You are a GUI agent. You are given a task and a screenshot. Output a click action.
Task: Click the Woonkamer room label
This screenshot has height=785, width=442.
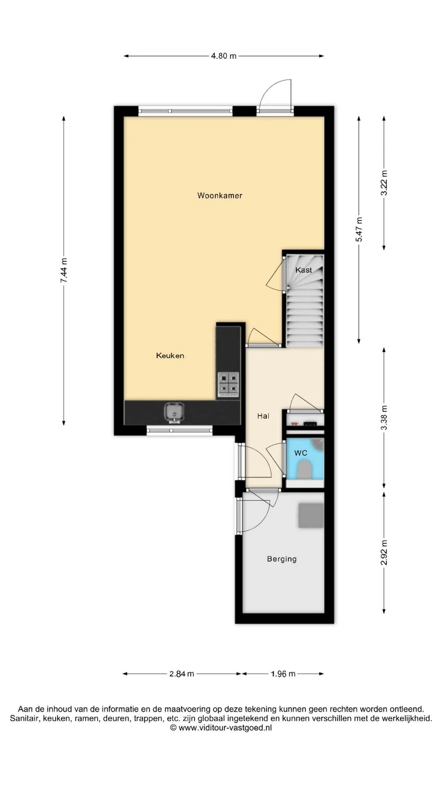click(x=220, y=195)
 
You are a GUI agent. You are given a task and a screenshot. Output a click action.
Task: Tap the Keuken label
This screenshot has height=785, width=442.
click(x=170, y=356)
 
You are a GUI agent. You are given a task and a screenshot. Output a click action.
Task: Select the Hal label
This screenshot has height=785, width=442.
click(x=263, y=416)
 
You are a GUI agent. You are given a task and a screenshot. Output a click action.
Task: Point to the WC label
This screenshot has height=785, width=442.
click(x=301, y=453)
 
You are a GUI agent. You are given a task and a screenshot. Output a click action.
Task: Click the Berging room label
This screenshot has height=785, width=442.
click(x=282, y=559)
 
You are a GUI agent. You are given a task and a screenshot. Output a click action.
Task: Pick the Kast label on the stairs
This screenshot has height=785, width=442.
click(x=304, y=270)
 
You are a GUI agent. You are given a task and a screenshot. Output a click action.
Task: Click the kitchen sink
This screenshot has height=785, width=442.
click(x=174, y=412)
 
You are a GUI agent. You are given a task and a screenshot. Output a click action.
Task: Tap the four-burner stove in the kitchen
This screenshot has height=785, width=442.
click(x=228, y=384)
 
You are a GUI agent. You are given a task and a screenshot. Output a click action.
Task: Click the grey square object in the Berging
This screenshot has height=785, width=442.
click(x=311, y=515)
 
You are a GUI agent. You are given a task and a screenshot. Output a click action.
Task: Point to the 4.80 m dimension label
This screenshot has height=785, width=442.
click(x=223, y=56)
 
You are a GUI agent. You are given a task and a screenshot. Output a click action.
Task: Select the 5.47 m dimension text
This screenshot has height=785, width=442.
click(x=359, y=229)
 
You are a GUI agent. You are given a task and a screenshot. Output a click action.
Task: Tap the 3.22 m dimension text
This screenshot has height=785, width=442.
click(x=384, y=183)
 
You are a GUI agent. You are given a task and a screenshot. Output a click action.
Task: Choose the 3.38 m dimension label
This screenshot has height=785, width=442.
click(x=384, y=418)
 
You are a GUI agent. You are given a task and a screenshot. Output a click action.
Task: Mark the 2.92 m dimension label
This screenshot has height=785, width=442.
click(x=384, y=553)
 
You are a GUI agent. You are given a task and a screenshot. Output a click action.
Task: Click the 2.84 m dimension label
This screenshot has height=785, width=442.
click(x=182, y=674)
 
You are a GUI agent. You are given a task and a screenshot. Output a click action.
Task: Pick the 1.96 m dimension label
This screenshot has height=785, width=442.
click(x=283, y=674)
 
